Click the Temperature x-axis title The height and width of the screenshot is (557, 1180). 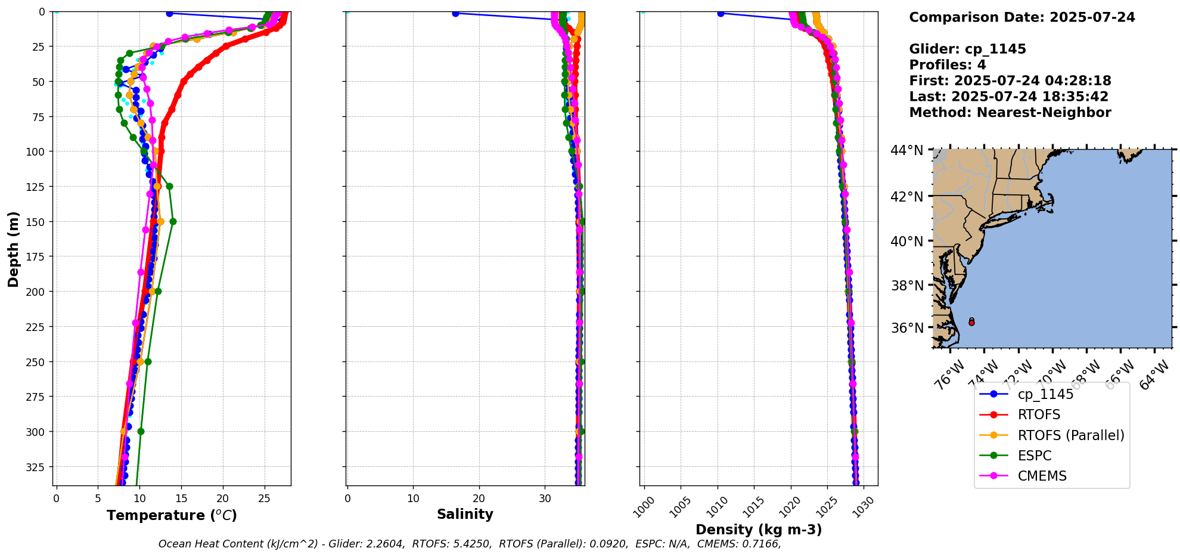coord(172,515)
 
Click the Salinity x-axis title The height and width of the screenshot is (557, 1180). coord(465,514)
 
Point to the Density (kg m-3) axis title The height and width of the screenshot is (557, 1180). coord(759,530)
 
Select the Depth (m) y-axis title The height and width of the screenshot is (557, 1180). coord(13,249)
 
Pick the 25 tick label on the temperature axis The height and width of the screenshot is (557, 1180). coord(264,499)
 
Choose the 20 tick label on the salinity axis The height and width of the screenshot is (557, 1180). coord(479,499)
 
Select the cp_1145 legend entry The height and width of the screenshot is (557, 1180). coord(1045,394)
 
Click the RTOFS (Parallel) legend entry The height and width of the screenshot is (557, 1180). coord(1070,435)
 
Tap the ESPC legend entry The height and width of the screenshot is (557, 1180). coord(1034,456)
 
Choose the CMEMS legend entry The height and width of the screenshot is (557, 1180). coord(1042,476)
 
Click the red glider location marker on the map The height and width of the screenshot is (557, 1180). coord(971,323)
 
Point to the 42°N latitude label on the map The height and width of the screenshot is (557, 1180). coord(907,197)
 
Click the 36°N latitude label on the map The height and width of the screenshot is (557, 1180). coord(907,328)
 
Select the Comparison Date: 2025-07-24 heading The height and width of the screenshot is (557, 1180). coord(1021,17)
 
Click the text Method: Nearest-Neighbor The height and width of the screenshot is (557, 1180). coord(1010,113)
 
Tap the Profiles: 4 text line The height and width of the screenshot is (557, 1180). coord(947,65)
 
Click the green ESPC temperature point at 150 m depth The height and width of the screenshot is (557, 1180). coord(173,221)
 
